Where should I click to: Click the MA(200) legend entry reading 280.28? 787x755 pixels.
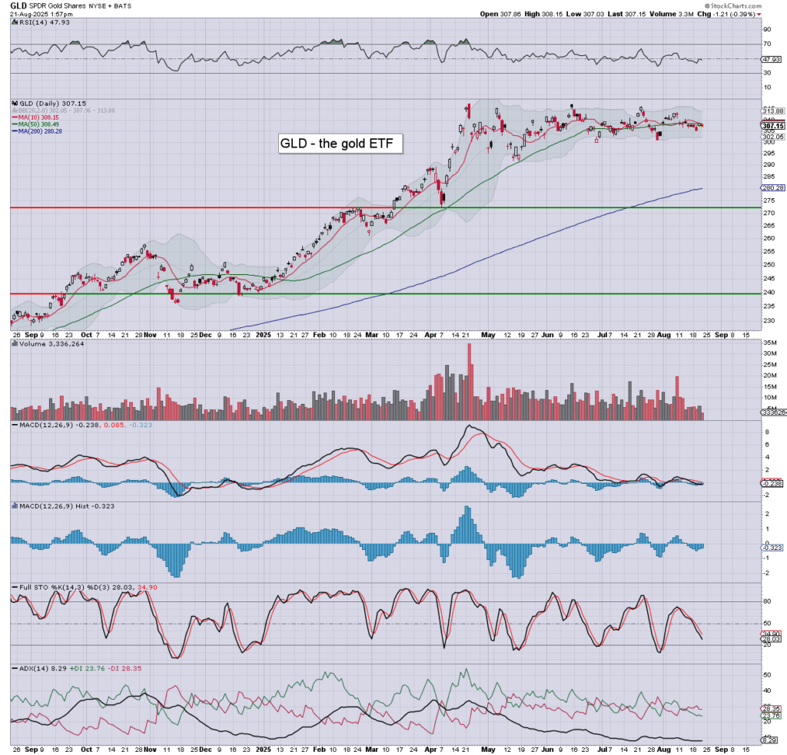pos(38,131)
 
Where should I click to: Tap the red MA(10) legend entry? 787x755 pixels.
pos(36,117)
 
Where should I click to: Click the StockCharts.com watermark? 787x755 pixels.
pos(732,5)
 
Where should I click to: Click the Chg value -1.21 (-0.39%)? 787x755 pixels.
pos(732,14)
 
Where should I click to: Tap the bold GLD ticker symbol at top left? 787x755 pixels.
pos(18,5)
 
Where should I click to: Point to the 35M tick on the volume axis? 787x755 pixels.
pos(767,343)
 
